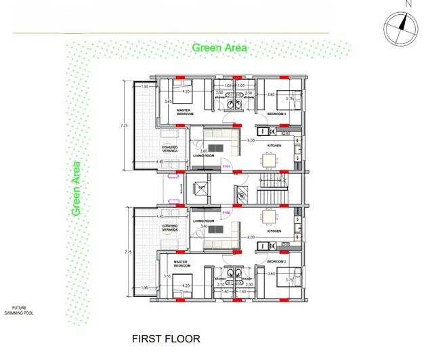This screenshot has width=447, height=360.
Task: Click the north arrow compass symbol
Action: click(x=400, y=28)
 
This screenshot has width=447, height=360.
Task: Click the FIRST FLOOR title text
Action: click(x=166, y=338)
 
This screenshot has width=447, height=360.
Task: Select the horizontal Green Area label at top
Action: click(x=219, y=48)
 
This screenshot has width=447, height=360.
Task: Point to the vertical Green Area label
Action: click(x=77, y=189)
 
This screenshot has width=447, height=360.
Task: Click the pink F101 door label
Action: click(x=227, y=166)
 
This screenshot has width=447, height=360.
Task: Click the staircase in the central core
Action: click(x=271, y=189)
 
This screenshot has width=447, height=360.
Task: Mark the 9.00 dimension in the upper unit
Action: click(x=251, y=141)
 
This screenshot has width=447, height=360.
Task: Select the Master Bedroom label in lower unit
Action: click(x=180, y=263)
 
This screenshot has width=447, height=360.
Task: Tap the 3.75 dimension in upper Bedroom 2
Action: click(x=289, y=98)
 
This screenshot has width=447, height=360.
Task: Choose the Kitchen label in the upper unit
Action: click(x=274, y=146)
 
